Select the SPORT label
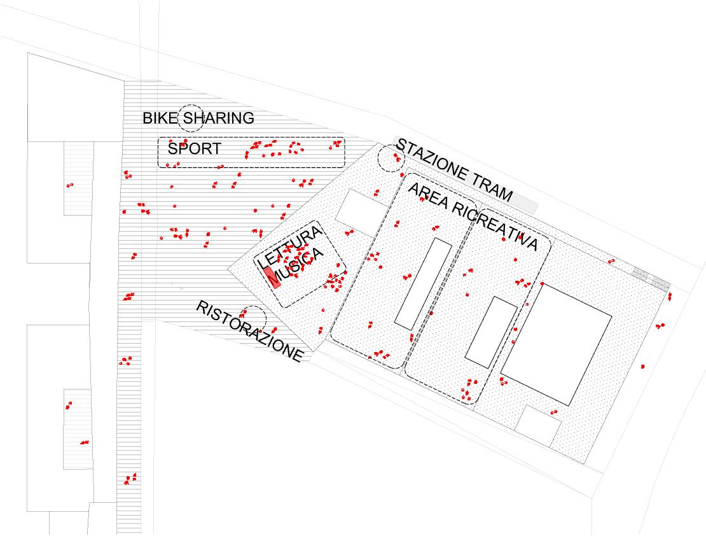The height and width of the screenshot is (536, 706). (195, 149)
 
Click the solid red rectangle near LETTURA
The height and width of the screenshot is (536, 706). (272, 277)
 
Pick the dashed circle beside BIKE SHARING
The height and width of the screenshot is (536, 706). (190, 118)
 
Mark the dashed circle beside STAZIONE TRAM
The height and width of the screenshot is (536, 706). (390, 159)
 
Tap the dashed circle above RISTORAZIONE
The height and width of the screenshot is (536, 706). (253, 318)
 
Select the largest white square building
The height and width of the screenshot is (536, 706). (556, 344)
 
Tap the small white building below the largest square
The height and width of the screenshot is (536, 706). (538, 426)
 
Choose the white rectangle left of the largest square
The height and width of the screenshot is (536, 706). (492, 332)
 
